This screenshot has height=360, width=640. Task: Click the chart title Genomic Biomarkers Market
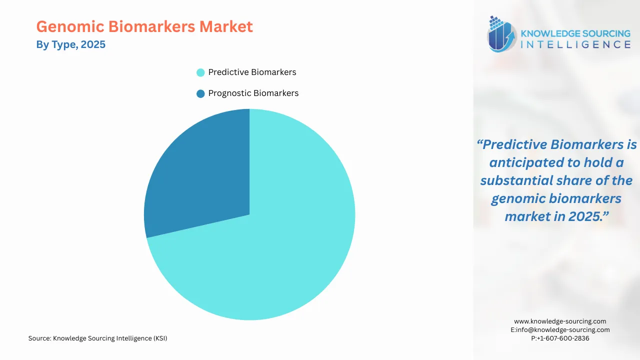[x=144, y=26]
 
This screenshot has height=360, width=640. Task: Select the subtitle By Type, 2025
[x=70, y=44]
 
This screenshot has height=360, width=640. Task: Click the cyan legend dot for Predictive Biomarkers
[x=200, y=72]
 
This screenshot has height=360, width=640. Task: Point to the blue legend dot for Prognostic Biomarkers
[x=200, y=93]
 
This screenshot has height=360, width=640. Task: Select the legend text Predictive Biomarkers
[x=252, y=72]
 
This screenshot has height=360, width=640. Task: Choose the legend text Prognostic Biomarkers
[x=253, y=93]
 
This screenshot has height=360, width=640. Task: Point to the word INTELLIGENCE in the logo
[x=575, y=44]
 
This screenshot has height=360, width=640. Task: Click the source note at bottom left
[x=97, y=338]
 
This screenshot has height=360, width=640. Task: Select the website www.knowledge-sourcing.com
[x=560, y=321]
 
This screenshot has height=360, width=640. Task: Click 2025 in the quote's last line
[x=587, y=216]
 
